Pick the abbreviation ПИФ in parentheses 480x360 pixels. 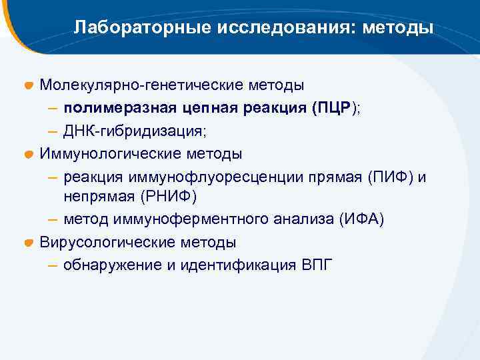coord(395,177)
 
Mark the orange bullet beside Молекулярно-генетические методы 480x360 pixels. coord(29,86)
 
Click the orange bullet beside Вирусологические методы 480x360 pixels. coord(29,243)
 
